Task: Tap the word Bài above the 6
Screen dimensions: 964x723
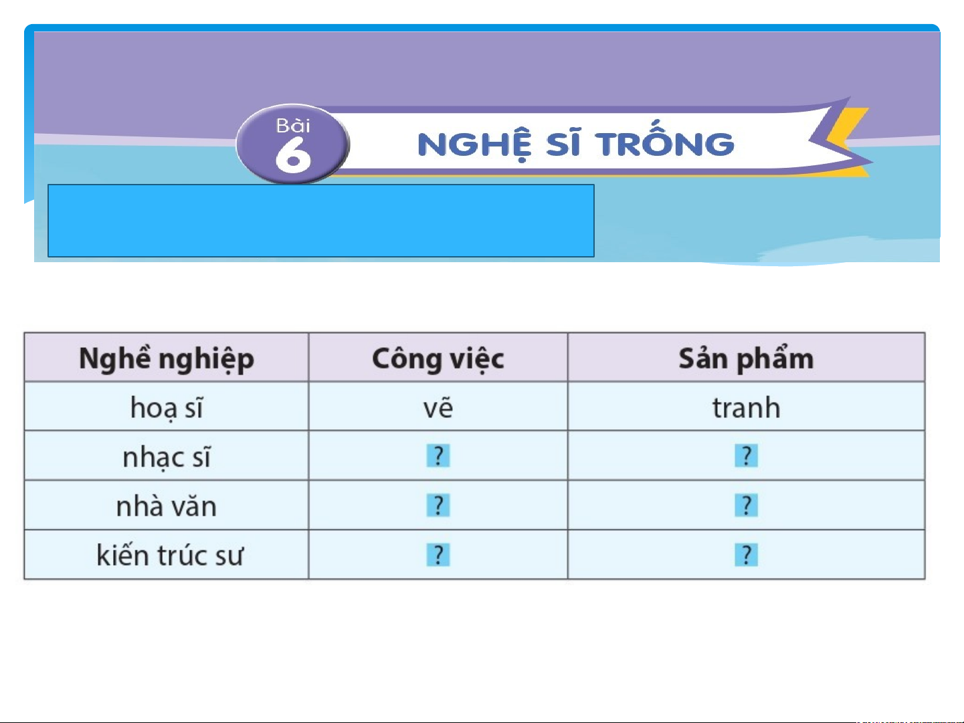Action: tap(293, 126)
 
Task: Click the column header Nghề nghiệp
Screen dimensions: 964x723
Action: tap(167, 359)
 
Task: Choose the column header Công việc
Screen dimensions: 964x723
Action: tap(438, 359)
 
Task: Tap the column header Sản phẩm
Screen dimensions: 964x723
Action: tap(746, 358)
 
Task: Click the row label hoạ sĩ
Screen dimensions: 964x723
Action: tap(167, 408)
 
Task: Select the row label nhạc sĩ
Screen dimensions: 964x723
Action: tap(167, 457)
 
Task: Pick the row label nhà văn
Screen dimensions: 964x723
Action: tap(167, 506)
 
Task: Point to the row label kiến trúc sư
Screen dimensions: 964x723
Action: tap(169, 555)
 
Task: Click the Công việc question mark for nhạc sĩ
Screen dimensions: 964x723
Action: tap(438, 455)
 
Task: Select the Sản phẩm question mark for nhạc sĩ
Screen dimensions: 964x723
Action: tap(746, 455)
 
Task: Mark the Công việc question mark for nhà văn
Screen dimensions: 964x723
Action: tap(438, 505)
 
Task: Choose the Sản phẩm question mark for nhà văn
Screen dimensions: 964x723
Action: tap(746, 505)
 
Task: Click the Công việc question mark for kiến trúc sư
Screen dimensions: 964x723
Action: tap(438, 555)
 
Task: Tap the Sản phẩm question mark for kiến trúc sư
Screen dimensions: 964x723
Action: tap(746, 555)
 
